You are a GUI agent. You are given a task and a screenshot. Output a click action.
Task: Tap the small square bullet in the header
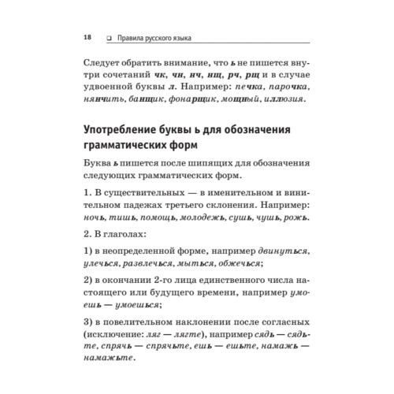[108, 37]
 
